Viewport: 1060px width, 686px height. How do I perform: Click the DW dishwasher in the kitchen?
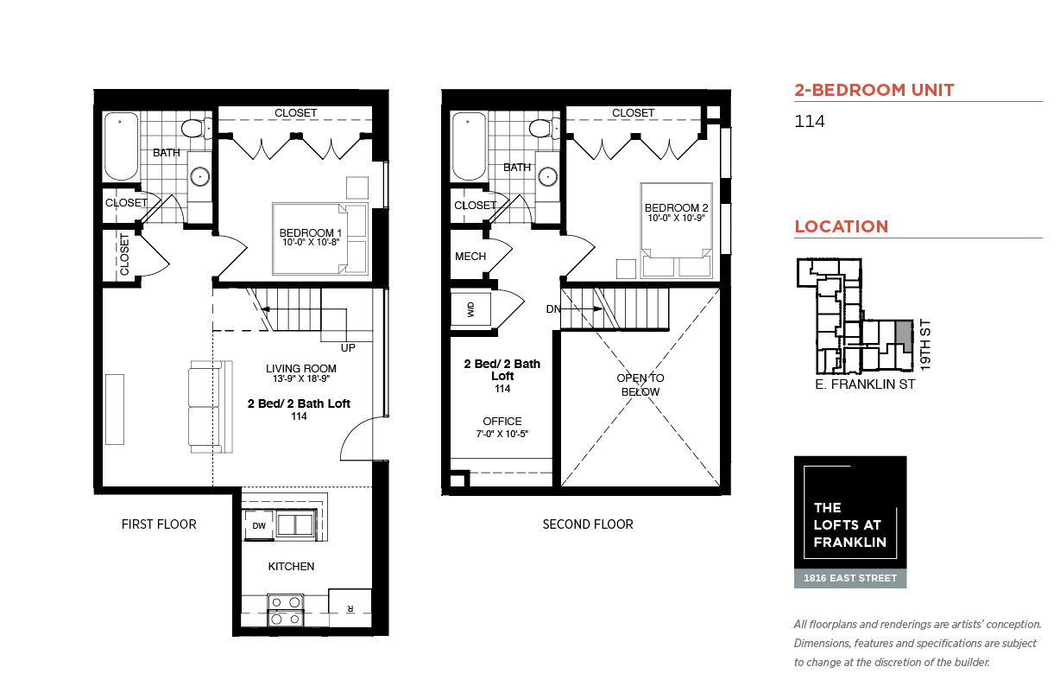click(258, 525)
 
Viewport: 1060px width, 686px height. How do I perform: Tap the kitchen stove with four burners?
click(286, 610)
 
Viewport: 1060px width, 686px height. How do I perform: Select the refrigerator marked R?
click(350, 608)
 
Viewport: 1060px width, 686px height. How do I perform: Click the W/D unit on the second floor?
click(470, 309)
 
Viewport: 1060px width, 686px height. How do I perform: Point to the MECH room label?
click(470, 257)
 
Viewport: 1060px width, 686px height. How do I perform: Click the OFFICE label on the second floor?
click(502, 421)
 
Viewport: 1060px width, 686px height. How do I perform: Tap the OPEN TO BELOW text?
click(640, 384)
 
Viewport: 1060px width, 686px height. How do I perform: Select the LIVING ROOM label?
click(301, 368)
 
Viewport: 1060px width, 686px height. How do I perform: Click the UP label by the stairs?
click(348, 347)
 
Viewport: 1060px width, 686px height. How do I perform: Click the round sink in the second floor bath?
click(547, 177)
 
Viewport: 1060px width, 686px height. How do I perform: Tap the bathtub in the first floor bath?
click(121, 146)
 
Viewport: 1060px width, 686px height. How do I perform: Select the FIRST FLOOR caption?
click(159, 524)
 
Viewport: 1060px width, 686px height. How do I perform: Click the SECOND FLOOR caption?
click(588, 524)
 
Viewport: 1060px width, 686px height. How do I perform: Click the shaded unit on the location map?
click(905, 336)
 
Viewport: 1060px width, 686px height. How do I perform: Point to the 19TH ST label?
click(925, 345)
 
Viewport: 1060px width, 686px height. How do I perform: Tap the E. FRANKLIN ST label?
click(865, 384)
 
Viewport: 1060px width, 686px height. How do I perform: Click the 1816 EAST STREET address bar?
click(850, 578)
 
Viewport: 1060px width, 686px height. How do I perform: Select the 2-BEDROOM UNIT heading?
click(874, 90)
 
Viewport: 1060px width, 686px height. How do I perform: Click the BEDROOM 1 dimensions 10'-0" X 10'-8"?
click(311, 243)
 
